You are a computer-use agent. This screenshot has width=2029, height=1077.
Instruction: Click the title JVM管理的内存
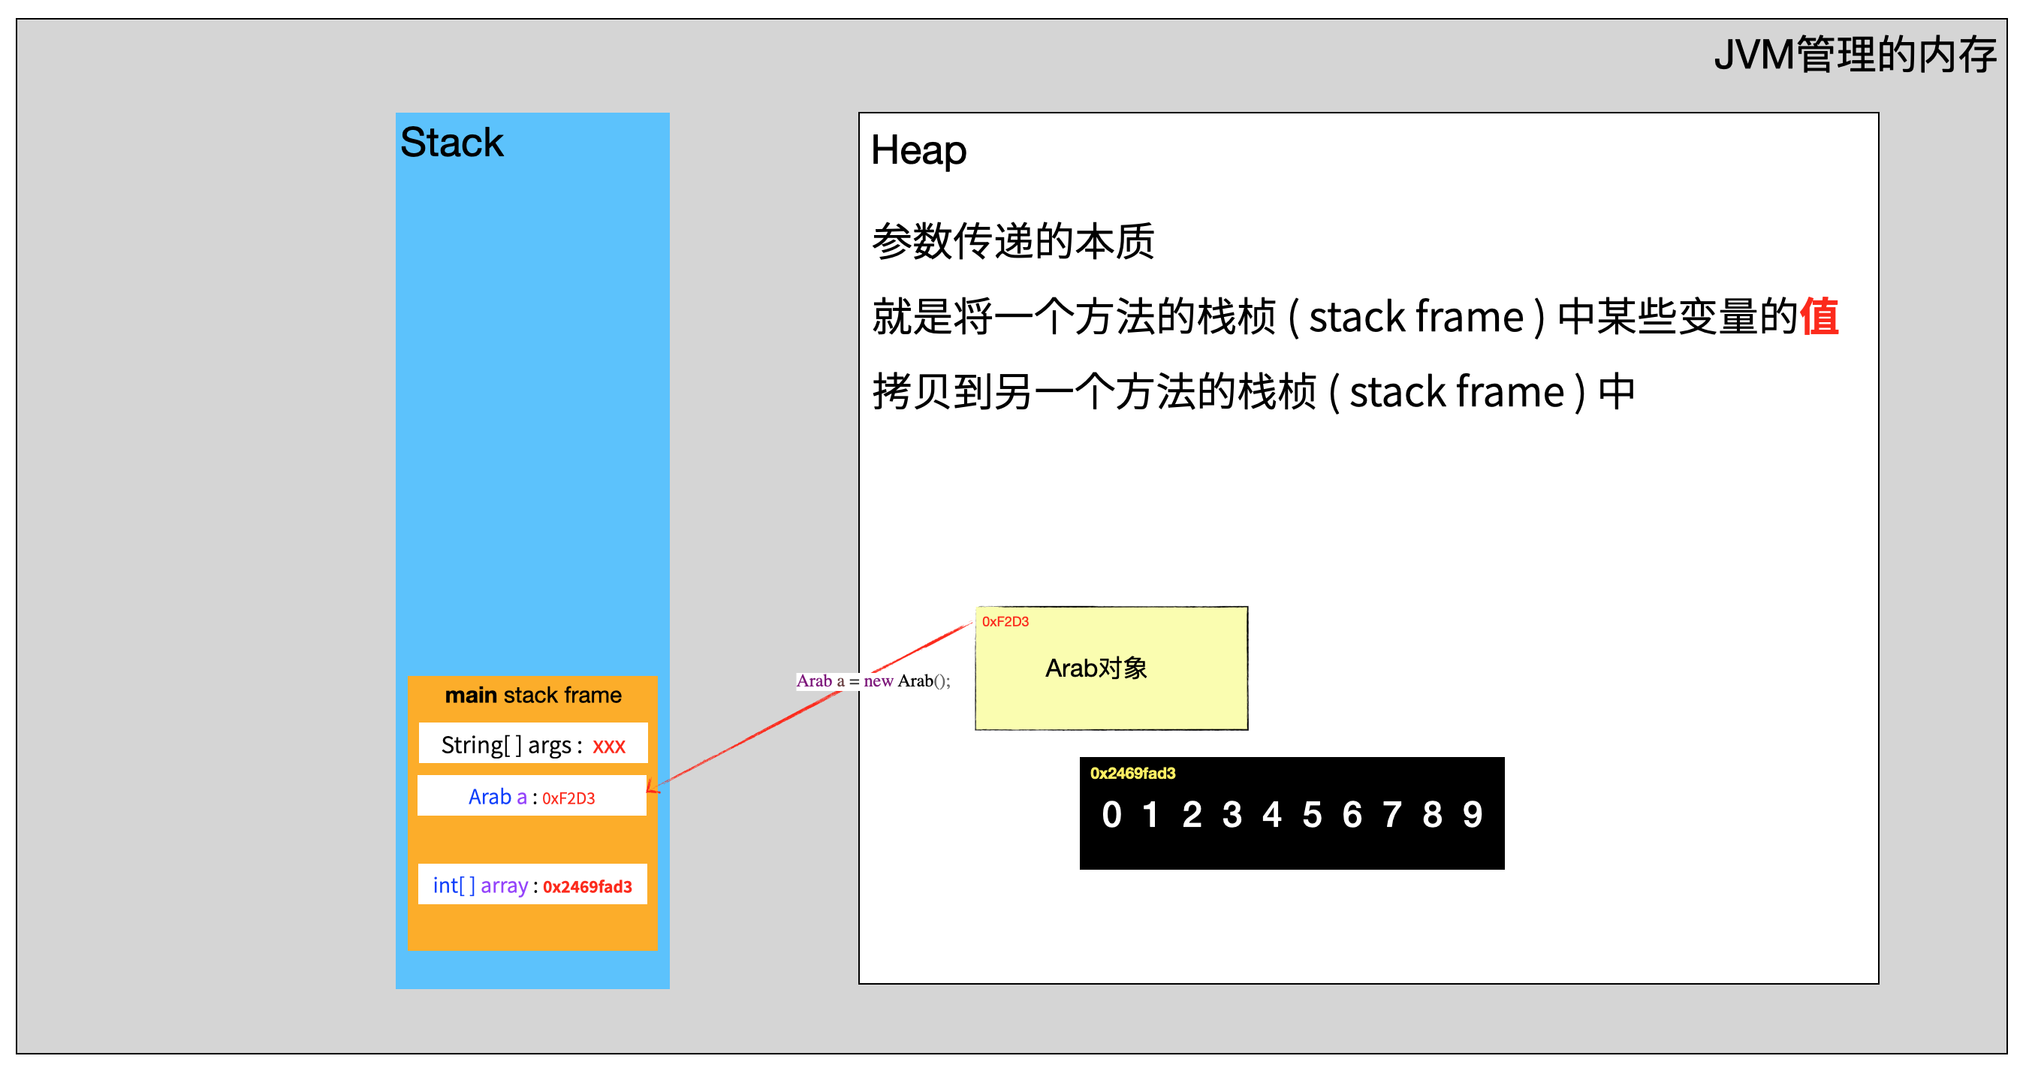[1854, 55]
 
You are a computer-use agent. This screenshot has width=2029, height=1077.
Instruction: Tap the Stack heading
[451, 143]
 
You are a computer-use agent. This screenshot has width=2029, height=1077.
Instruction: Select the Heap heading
[918, 149]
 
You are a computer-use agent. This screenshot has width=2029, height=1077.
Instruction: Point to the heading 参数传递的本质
[1013, 241]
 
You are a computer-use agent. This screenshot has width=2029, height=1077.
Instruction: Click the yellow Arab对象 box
[1111, 668]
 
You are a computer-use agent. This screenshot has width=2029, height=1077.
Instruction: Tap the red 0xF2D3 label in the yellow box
[1005, 622]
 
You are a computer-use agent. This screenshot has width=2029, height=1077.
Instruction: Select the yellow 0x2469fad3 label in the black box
[1132, 773]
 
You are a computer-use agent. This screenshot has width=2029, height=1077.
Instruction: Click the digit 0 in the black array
[1111, 815]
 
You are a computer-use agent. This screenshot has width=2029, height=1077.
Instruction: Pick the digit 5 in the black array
[1311, 815]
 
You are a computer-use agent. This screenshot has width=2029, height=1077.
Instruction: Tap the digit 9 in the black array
[1472, 815]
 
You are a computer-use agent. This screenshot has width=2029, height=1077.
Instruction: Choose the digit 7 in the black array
[1391, 815]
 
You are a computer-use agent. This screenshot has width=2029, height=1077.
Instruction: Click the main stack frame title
[533, 695]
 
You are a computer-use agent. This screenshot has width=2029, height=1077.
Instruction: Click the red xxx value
[609, 745]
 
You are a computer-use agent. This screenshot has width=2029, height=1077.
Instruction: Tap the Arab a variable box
[532, 797]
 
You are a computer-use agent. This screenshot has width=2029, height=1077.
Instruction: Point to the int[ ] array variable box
[532, 885]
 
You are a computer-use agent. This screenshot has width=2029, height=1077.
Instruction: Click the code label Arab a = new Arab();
[873, 680]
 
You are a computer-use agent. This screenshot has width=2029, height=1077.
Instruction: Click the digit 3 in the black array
[1232, 815]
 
